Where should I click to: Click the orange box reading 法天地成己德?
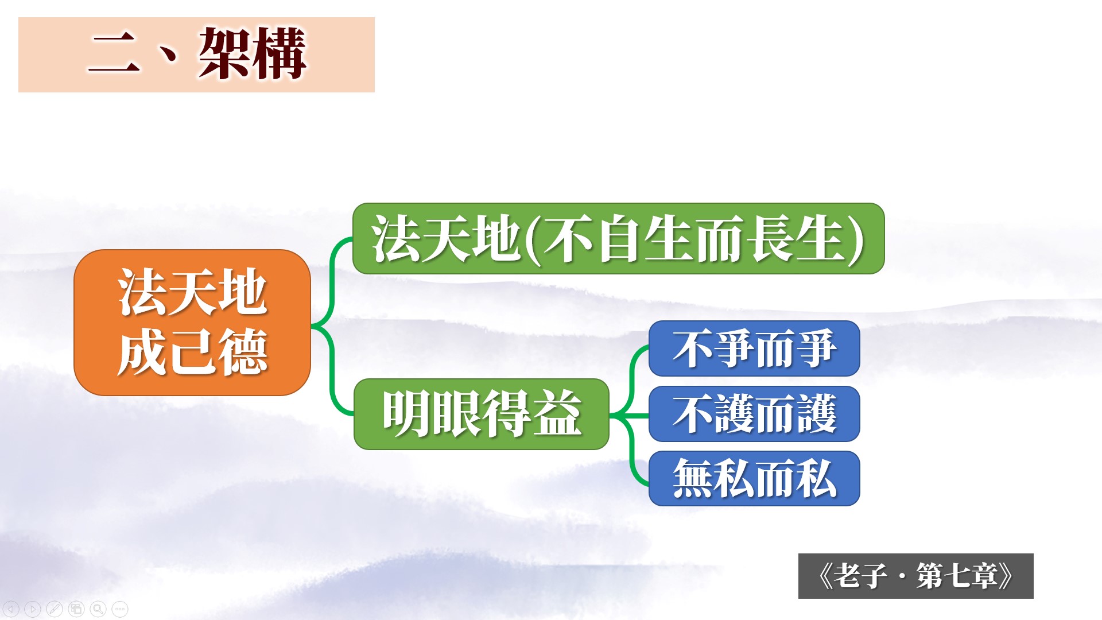[x=192, y=323]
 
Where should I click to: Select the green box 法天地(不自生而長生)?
[x=618, y=238]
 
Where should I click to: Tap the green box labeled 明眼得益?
[x=481, y=414]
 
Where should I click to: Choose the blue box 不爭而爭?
[x=754, y=348]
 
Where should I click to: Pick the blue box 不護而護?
[x=754, y=414]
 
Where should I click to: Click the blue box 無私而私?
[x=754, y=478]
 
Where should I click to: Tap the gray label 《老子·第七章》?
[x=915, y=576]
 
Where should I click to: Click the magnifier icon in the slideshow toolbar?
[x=98, y=609]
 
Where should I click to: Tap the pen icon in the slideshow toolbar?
[x=55, y=609]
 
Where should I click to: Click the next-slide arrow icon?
[x=33, y=609]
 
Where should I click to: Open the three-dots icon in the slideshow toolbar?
[x=120, y=609]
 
